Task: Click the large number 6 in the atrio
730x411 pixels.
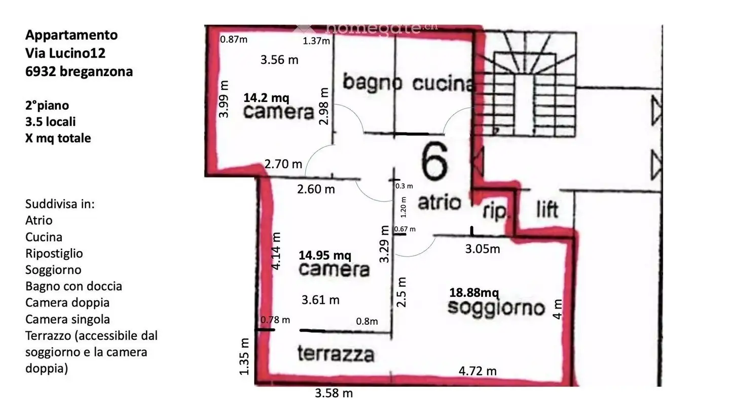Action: point(435,162)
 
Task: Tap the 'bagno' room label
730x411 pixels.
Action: point(372,82)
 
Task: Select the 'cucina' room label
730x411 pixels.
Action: point(443,84)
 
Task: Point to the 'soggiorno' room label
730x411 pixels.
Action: point(496,307)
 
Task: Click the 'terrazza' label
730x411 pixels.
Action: point(336,354)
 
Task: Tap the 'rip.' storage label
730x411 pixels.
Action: point(494,212)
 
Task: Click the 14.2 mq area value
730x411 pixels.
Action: point(267,97)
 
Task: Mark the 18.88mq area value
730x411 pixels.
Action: point(474,293)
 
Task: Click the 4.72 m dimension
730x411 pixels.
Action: point(478,371)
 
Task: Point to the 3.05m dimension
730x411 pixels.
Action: point(483,249)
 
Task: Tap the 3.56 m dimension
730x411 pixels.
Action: point(279,60)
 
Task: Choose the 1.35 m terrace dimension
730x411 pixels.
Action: point(245,356)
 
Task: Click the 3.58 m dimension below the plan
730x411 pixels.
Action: point(334,393)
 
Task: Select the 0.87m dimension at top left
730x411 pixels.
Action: point(234,40)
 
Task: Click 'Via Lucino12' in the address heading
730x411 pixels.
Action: point(65,53)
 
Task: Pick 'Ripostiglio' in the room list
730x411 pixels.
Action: point(54,253)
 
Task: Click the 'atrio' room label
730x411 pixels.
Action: point(439,202)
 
